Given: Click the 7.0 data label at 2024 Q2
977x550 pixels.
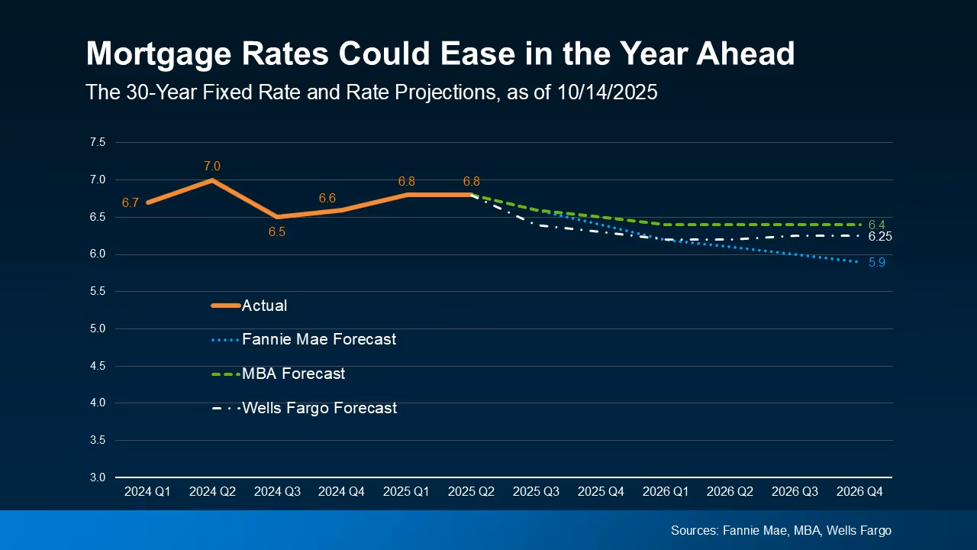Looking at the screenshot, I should click(x=211, y=167).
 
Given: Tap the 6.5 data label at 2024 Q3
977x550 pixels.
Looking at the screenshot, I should click(x=276, y=231).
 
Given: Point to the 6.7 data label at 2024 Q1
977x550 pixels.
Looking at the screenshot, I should click(x=130, y=203).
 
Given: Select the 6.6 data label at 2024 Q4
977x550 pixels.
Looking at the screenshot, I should click(x=327, y=199).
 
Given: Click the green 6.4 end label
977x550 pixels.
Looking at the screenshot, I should click(x=876, y=225).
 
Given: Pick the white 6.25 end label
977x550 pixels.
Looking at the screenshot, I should click(x=880, y=237).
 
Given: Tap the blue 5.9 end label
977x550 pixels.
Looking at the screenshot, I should click(x=876, y=263).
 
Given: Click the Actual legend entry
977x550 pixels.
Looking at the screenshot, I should click(x=264, y=306).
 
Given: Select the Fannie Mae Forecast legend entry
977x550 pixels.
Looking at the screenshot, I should click(x=318, y=339).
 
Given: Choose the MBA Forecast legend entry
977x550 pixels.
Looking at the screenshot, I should click(x=293, y=374).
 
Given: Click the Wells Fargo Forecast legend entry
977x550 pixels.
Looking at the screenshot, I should click(x=319, y=408).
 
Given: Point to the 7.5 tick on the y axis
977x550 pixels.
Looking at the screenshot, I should click(x=97, y=143).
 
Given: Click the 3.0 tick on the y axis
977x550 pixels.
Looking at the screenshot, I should click(x=97, y=477).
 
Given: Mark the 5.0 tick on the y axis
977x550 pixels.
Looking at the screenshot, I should click(x=97, y=329).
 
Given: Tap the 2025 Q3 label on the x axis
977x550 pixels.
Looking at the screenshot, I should click(x=536, y=493).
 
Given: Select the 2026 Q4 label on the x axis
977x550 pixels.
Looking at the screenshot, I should click(x=859, y=493).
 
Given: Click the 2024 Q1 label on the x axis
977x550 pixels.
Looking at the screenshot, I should click(x=147, y=493).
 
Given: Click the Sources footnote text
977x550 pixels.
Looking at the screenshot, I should click(x=781, y=530).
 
